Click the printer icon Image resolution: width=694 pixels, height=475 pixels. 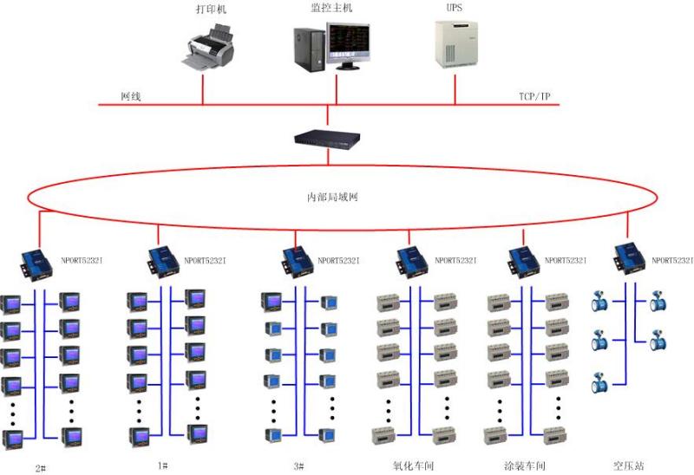tap(209, 49)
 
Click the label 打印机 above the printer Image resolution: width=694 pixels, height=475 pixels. tap(212, 10)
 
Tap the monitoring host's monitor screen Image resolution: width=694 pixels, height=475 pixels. tap(346, 42)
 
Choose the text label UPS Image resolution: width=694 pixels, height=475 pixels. tap(454, 9)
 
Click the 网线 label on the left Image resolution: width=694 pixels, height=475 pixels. tap(130, 95)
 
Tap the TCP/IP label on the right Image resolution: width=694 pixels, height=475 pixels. tap(534, 95)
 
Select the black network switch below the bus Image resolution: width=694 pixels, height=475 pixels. tap(327, 137)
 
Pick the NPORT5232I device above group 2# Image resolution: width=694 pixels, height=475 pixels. tap(39, 260)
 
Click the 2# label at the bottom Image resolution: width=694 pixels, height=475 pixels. tap(40, 467)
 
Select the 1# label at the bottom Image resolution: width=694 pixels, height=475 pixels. tap(162, 465)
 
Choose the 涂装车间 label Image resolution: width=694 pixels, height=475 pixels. tap(525, 465)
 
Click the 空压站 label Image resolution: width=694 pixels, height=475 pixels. tap(628, 465)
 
